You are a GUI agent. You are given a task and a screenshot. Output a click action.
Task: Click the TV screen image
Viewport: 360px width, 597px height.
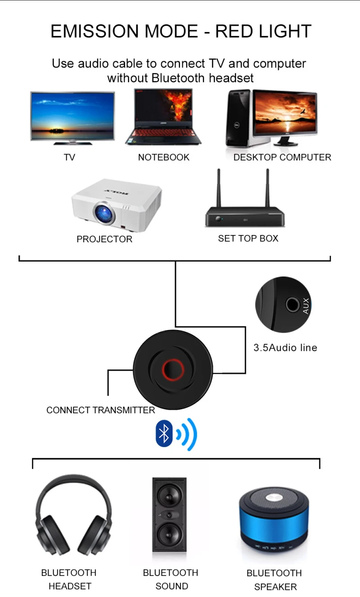coord(72,116)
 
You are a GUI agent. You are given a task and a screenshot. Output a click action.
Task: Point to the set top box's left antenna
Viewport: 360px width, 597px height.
coord(219,188)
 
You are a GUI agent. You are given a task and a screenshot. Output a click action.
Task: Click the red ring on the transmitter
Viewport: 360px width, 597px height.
coord(173,370)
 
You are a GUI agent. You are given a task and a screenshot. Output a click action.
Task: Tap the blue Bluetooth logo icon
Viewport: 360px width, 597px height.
coord(164,434)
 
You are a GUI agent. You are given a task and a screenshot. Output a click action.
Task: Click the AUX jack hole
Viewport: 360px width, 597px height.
coord(292,305)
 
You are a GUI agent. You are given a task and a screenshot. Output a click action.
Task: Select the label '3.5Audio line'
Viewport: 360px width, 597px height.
coord(285,348)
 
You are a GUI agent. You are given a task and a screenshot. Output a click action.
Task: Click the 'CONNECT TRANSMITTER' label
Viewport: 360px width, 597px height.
coord(100,410)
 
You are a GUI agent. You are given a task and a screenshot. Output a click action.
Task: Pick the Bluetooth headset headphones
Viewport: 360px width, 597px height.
coord(72,518)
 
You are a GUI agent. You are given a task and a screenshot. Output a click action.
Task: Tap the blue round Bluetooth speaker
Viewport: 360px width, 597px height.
coord(274,522)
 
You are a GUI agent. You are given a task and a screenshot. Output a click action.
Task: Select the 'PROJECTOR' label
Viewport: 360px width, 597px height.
coord(104,239)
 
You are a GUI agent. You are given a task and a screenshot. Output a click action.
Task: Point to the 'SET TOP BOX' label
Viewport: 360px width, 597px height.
coord(248,238)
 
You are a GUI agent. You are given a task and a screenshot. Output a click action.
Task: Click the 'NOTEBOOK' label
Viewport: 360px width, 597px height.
coord(164,157)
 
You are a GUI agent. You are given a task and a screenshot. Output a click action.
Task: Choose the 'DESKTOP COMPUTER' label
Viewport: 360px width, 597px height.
coord(282,157)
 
